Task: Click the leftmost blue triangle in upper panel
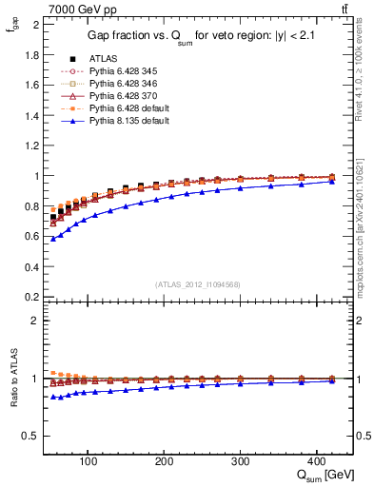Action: (x=53, y=239)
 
